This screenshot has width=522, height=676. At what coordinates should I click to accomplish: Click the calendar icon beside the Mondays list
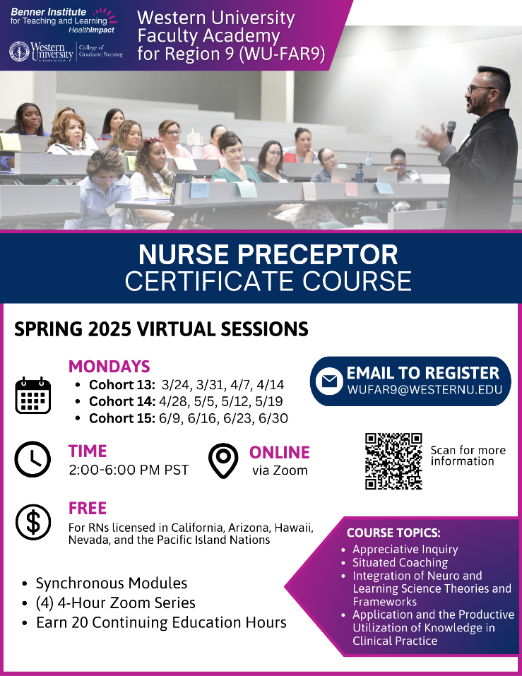pyautogui.click(x=32, y=395)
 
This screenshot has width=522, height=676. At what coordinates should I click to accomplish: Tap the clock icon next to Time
pyautogui.click(x=32, y=459)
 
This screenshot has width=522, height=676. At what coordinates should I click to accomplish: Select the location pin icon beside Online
pyautogui.click(x=223, y=461)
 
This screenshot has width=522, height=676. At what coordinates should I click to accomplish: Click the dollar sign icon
pyautogui.click(x=32, y=522)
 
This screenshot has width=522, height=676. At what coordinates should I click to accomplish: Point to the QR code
pyautogui.click(x=393, y=461)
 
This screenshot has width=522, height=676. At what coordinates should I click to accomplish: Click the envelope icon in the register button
pyautogui.click(x=329, y=381)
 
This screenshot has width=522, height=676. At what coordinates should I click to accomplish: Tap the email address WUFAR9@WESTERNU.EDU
pyautogui.click(x=425, y=390)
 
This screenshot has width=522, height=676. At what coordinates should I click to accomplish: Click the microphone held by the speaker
pyautogui.click(x=451, y=131)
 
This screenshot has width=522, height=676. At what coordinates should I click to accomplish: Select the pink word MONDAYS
pyautogui.click(x=109, y=367)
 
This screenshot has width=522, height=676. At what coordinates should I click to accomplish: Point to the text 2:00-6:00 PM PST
pyautogui.click(x=129, y=470)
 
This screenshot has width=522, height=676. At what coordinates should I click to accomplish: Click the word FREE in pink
pyautogui.click(x=88, y=509)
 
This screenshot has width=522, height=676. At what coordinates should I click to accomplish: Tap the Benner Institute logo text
pyautogui.click(x=59, y=20)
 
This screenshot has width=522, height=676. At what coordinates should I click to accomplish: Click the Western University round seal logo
pyautogui.click(x=19, y=52)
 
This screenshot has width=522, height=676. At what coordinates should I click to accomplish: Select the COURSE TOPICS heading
pyautogui.click(x=393, y=533)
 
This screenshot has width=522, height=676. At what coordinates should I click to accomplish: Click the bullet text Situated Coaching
pyautogui.click(x=400, y=562)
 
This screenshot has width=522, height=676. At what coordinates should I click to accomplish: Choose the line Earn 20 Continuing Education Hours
pyautogui.click(x=161, y=622)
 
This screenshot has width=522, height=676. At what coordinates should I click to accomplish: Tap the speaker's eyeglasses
pyautogui.click(x=480, y=89)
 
